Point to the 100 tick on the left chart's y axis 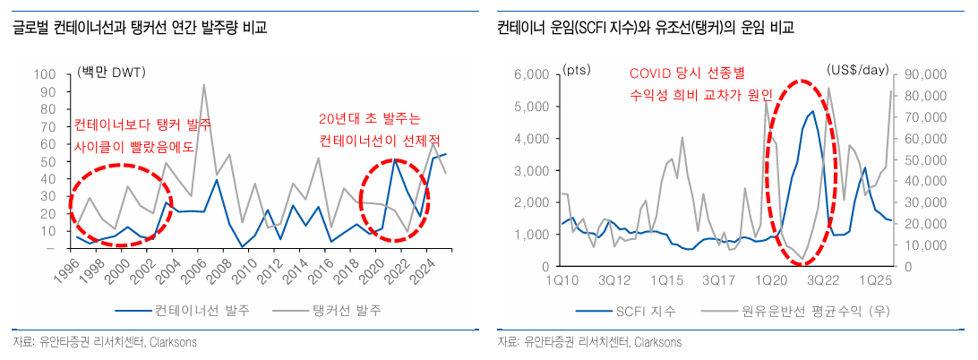click(x=41, y=74)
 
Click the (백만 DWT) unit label click(x=112, y=73)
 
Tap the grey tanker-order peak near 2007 click(x=204, y=85)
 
